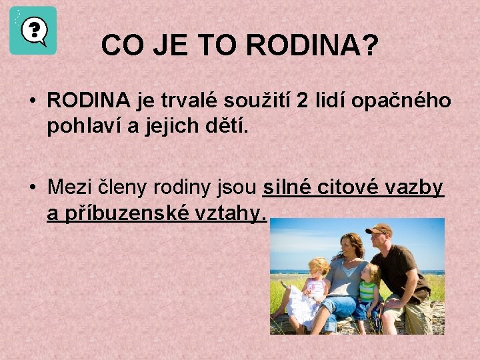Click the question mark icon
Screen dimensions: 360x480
click(x=33, y=31)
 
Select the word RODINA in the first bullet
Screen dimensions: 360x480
click(x=89, y=101)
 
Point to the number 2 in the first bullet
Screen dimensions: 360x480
click(x=302, y=101)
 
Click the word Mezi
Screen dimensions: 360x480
click(x=71, y=188)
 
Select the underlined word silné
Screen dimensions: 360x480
click(x=287, y=188)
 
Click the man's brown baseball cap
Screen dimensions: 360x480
click(x=379, y=229)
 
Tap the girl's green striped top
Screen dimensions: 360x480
click(x=367, y=291)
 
